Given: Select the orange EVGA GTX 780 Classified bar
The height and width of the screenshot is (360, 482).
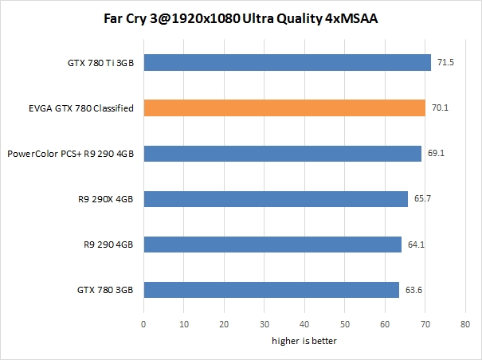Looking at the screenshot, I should click(x=284, y=108).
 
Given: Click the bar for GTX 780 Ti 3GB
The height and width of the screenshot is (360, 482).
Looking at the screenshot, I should click(x=287, y=62).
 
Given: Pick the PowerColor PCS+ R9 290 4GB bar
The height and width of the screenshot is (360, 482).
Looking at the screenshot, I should click(x=282, y=154).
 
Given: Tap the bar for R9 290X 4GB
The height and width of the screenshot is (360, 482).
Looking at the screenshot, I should click(x=276, y=199).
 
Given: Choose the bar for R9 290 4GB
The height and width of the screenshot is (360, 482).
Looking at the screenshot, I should click(x=272, y=245).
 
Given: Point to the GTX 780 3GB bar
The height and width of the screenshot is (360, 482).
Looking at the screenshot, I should click(x=271, y=290).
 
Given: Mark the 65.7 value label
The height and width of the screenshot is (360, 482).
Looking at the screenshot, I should click(x=421, y=199).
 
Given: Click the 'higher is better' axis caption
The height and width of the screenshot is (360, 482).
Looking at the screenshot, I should click(x=304, y=341).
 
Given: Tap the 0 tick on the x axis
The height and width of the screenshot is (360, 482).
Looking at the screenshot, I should click(x=143, y=324).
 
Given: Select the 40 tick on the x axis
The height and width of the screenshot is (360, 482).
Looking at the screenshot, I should click(x=304, y=324).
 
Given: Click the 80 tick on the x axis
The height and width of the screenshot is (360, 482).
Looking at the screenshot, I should click(x=465, y=324).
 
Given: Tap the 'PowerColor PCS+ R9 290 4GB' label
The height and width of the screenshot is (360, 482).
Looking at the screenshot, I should click(x=72, y=154).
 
